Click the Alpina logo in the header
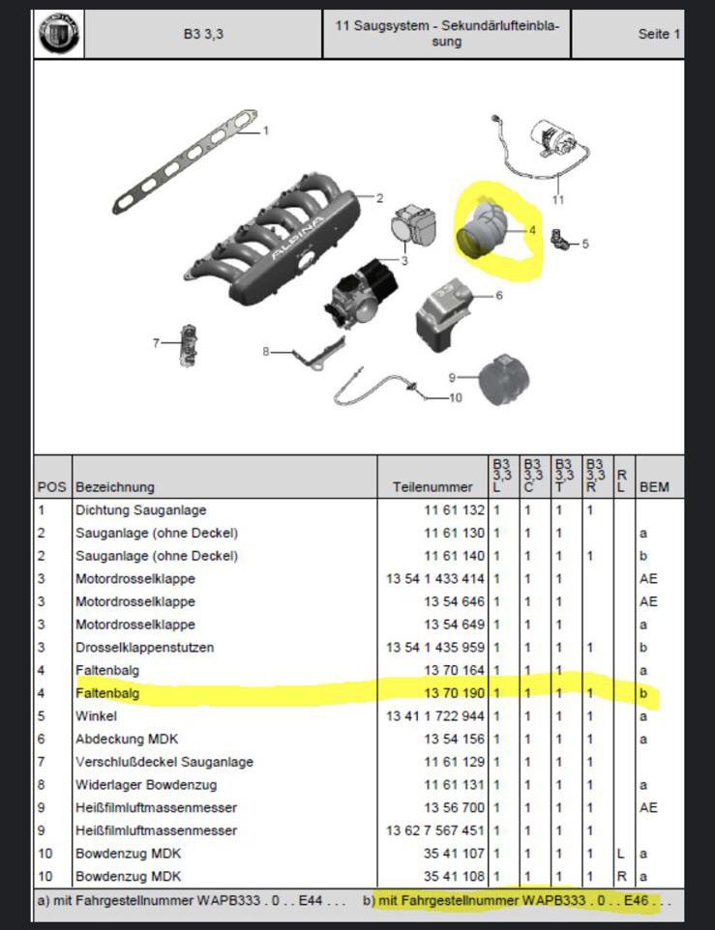59,34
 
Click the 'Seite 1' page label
659,34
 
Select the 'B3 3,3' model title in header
203,34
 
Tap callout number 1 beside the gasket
266,130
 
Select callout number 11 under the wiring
557,200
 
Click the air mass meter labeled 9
504,380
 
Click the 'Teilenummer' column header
432,487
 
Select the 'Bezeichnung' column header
115,487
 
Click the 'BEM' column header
654,487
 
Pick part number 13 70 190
454,693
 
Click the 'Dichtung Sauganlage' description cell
140,510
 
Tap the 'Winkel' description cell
96,716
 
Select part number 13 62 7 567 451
435,830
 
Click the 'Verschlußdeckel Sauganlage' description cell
164,762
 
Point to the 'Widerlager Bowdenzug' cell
146,785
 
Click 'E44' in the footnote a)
311,900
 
